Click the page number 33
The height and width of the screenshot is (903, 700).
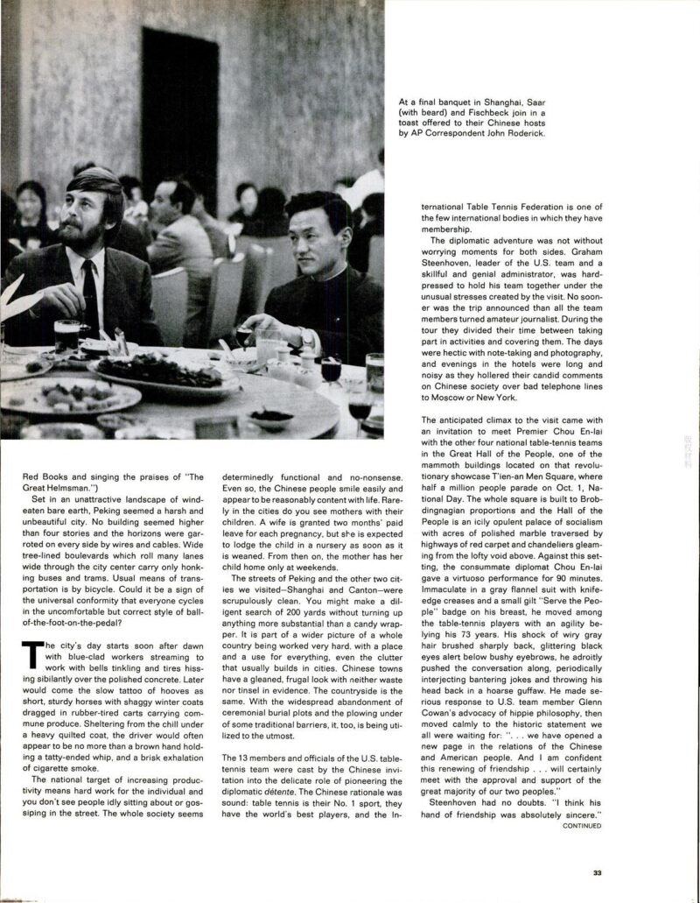click(x=597, y=871)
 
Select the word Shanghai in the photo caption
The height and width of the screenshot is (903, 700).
click(x=503, y=102)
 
